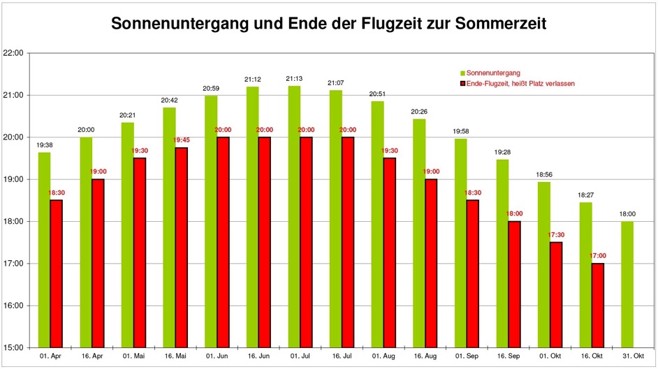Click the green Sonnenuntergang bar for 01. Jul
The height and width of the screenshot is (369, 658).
coord(294,216)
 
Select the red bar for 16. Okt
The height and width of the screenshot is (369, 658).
coord(597,305)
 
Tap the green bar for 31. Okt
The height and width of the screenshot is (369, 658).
coord(627,284)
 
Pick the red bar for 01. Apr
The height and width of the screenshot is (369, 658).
coord(56,273)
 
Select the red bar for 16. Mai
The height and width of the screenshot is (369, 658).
coord(181,247)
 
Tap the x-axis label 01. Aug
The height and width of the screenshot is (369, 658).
coord(383,356)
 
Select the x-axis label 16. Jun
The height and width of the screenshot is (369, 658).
coord(258,356)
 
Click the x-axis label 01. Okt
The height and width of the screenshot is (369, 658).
coord(550,356)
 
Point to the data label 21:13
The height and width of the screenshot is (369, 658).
coord(294,79)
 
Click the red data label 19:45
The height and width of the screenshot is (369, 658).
coord(181,140)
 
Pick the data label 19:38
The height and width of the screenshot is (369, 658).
coord(45,145)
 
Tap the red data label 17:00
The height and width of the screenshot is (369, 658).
coord(598,256)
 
